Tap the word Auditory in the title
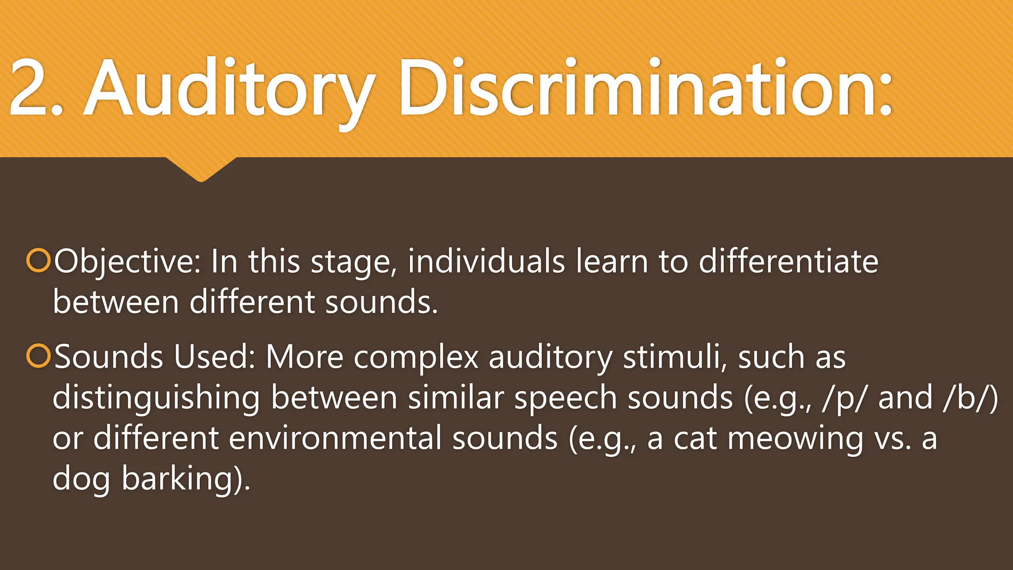coord(230,92)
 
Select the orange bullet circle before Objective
coord(38,261)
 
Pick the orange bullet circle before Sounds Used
coord(38,356)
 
